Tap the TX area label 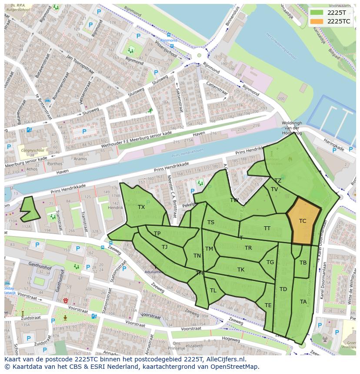point(141,207)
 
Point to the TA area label point(303,301)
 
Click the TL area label point(213,291)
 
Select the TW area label point(234,200)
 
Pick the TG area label point(270,262)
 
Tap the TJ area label point(164,247)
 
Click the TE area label point(268,305)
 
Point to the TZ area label point(277,181)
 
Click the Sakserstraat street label point(179,99)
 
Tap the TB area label point(303,263)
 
